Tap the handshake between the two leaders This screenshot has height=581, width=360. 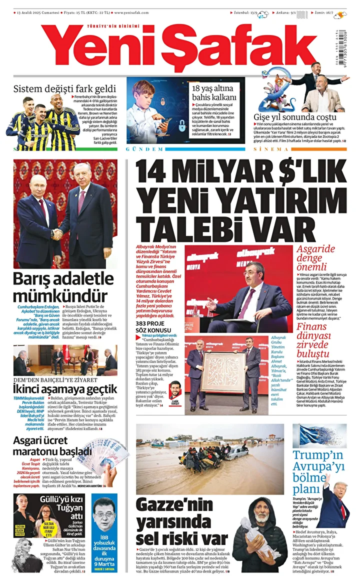pyautogui.click(x=57, y=233)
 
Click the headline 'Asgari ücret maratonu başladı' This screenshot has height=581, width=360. pyautogui.click(x=52, y=445)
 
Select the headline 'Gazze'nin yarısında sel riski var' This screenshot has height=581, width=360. pyautogui.click(x=175, y=522)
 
